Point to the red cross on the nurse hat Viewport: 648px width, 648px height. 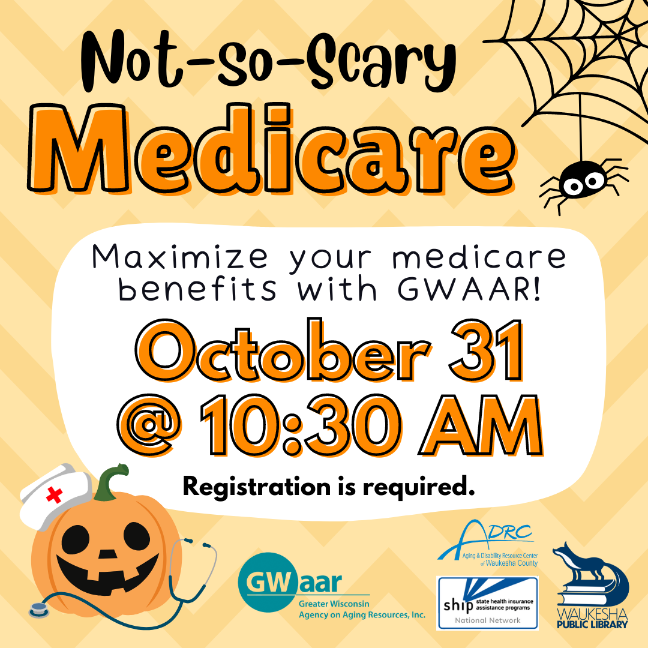(54, 494)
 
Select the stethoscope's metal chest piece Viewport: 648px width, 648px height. (39, 610)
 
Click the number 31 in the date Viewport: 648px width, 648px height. (487, 351)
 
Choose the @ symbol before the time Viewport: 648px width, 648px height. (149, 425)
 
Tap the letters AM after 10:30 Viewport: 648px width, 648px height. (481, 425)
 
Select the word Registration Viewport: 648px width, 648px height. (257, 487)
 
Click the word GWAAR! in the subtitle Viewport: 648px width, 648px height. (469, 289)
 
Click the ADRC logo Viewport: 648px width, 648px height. (488, 544)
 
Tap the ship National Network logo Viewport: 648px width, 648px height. (488, 603)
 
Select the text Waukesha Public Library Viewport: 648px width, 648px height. (592, 618)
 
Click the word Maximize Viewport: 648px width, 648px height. (180, 257)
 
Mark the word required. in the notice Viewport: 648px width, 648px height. (419, 488)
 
